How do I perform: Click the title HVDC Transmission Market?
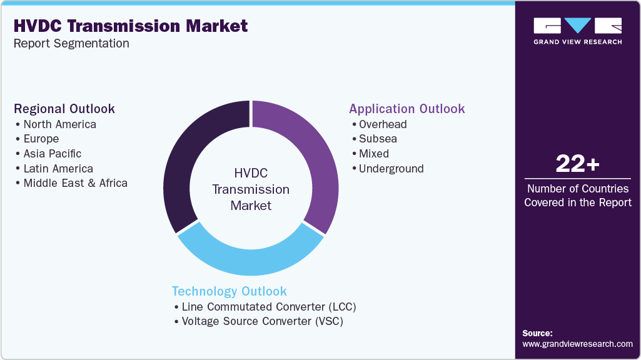click(x=131, y=26)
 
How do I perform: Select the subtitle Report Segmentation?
click(x=71, y=43)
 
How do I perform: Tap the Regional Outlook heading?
click(x=64, y=109)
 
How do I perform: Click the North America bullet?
click(x=59, y=124)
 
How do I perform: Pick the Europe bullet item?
click(x=41, y=139)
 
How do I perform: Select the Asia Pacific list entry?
click(x=52, y=154)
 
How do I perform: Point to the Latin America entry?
click(x=58, y=169)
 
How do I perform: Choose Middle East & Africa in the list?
click(x=75, y=183)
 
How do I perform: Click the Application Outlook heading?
click(x=406, y=109)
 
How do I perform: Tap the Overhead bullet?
click(x=382, y=124)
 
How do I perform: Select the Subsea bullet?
click(x=378, y=139)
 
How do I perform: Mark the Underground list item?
click(x=391, y=169)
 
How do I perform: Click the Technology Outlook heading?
click(x=229, y=291)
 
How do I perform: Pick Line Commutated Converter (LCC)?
click(x=268, y=307)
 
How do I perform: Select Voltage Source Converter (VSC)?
click(x=262, y=321)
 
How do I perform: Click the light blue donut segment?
click(x=250, y=259)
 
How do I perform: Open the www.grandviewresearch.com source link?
click(x=577, y=344)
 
